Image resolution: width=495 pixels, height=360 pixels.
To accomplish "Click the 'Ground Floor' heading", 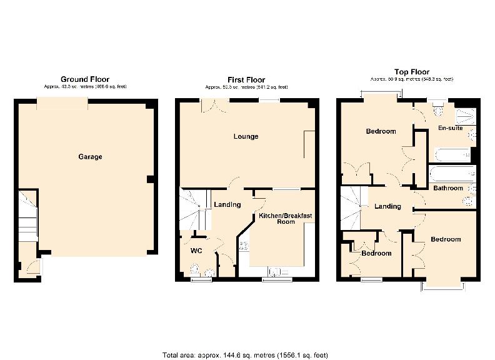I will pyautogui.click(x=85, y=79).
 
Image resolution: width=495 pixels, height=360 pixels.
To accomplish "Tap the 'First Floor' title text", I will pyautogui.click(x=246, y=79).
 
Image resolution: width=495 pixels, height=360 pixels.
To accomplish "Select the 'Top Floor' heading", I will pyautogui.click(x=412, y=72).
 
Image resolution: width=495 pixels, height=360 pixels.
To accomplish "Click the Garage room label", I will pyautogui.click(x=90, y=157).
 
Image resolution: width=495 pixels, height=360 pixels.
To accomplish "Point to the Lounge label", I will pyautogui.click(x=246, y=136).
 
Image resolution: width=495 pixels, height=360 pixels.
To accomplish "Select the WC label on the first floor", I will pyautogui.click(x=197, y=251).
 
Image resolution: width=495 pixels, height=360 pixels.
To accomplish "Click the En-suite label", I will pyautogui.click(x=450, y=128).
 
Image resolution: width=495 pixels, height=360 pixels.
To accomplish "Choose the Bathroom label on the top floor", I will pyautogui.click(x=448, y=188).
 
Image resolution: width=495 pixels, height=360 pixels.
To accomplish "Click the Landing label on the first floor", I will pyautogui.click(x=227, y=204).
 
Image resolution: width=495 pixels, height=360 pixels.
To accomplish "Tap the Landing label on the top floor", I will pyautogui.click(x=387, y=207).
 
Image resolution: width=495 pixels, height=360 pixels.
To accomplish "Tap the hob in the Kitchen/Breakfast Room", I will pyautogui.click(x=243, y=246).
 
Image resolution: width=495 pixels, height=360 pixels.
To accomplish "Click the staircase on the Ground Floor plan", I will pyautogui.click(x=27, y=216).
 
